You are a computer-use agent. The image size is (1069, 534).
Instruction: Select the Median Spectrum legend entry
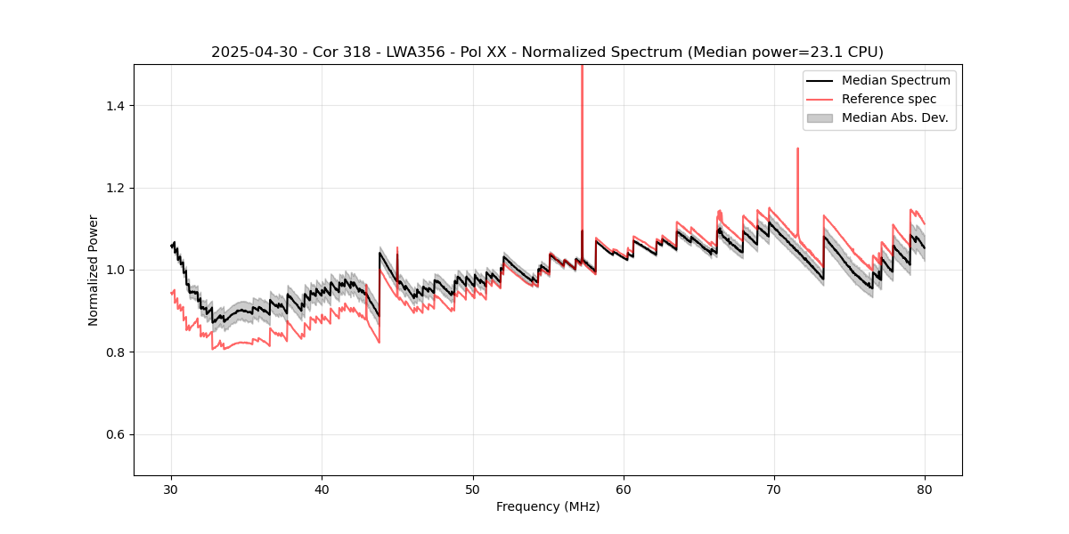895,80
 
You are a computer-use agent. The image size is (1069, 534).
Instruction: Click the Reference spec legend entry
889,99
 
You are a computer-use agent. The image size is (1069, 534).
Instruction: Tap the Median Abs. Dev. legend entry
895,117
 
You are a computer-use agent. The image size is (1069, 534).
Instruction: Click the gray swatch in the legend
820,117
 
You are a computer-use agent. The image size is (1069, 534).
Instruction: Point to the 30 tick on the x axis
172,489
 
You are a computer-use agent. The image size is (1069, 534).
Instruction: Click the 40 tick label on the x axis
322,489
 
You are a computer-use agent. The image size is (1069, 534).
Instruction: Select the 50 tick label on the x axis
473,489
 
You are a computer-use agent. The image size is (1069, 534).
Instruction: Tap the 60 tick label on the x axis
624,489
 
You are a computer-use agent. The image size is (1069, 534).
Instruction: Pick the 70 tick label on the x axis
774,489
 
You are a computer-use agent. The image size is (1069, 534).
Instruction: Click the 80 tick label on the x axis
925,489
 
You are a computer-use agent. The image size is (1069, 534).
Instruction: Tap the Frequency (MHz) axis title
548,506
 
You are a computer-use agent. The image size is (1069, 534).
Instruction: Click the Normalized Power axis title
93,270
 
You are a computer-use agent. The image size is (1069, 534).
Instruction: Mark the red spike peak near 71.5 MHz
797,150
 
